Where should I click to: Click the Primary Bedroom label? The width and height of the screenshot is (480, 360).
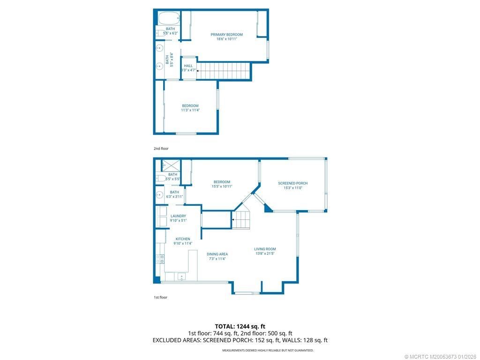226,34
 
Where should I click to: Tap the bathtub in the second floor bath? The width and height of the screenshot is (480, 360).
169,19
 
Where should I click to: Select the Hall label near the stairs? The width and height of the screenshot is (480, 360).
188,66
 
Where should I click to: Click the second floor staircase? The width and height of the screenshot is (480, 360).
222,71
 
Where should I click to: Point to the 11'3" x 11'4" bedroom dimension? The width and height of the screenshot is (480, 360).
190,111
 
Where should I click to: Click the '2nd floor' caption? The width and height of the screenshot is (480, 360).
161,149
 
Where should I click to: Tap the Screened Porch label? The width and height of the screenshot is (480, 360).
292,183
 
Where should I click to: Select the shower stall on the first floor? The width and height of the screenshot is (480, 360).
171,165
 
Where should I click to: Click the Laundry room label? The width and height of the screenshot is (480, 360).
178,216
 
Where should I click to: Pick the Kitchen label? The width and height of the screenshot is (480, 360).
183,239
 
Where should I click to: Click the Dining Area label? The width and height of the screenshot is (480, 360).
217,254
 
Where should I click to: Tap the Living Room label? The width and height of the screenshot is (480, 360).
265,249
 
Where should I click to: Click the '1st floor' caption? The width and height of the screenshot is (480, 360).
160,297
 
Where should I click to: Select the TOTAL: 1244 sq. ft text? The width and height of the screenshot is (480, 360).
240,326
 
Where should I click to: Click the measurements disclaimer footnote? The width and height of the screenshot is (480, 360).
268,350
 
